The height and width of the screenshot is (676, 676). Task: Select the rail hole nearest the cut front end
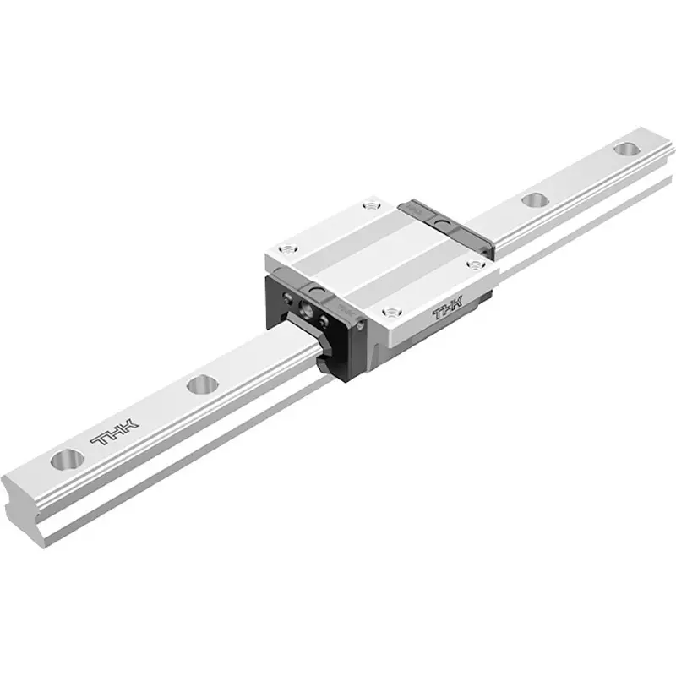click(68, 461)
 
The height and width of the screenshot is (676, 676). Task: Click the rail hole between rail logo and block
click(200, 385)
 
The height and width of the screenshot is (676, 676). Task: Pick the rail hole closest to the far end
click(625, 150)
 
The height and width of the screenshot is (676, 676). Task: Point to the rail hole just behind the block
click(533, 200)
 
